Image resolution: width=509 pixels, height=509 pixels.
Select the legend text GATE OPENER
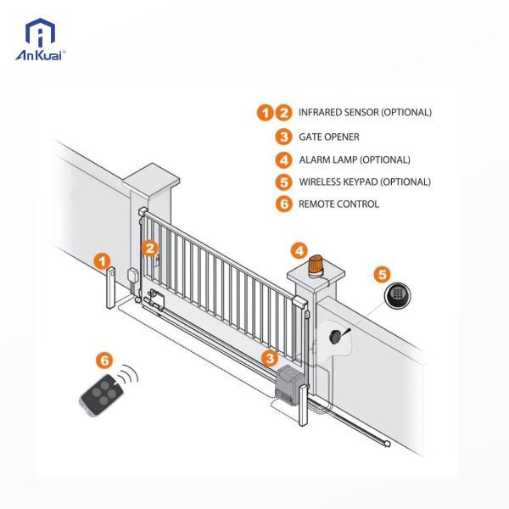329,137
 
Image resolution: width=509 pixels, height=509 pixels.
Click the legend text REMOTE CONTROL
338,204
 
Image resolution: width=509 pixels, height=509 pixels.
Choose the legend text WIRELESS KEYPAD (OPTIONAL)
365,182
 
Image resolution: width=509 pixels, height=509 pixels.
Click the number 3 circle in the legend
282,137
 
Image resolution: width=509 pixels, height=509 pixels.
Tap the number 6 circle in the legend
282,204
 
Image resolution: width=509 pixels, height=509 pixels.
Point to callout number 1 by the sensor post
102,260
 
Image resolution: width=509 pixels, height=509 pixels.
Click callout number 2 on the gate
149,248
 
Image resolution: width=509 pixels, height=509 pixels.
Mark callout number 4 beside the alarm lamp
299,250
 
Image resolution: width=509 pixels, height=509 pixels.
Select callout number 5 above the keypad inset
383,274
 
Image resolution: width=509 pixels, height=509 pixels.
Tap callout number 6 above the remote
105,360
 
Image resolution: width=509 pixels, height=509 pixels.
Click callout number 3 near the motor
268,359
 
